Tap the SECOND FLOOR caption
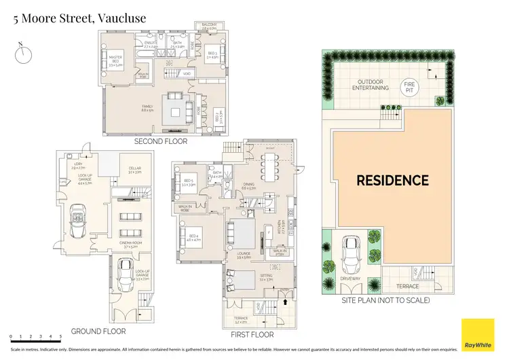click(160, 141)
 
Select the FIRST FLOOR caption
click(252, 335)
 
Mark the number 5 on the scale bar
click(60, 336)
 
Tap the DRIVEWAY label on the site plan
click(347, 278)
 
